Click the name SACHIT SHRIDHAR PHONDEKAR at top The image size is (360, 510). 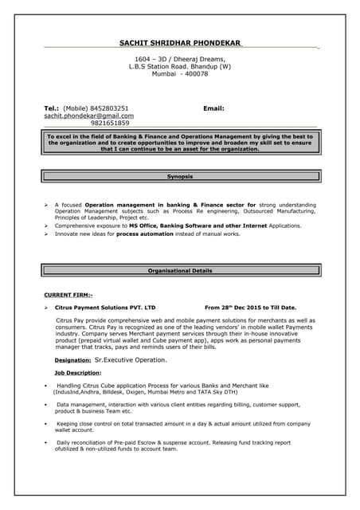[179, 42]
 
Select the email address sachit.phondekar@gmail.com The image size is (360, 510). [88, 116]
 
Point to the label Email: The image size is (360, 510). [213, 108]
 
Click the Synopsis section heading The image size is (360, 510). [179, 175]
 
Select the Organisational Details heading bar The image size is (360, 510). [180, 271]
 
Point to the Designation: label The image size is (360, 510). [67, 360]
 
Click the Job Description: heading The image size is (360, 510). [77, 372]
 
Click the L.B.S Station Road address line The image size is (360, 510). [179, 67]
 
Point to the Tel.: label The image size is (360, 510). [51, 108]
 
